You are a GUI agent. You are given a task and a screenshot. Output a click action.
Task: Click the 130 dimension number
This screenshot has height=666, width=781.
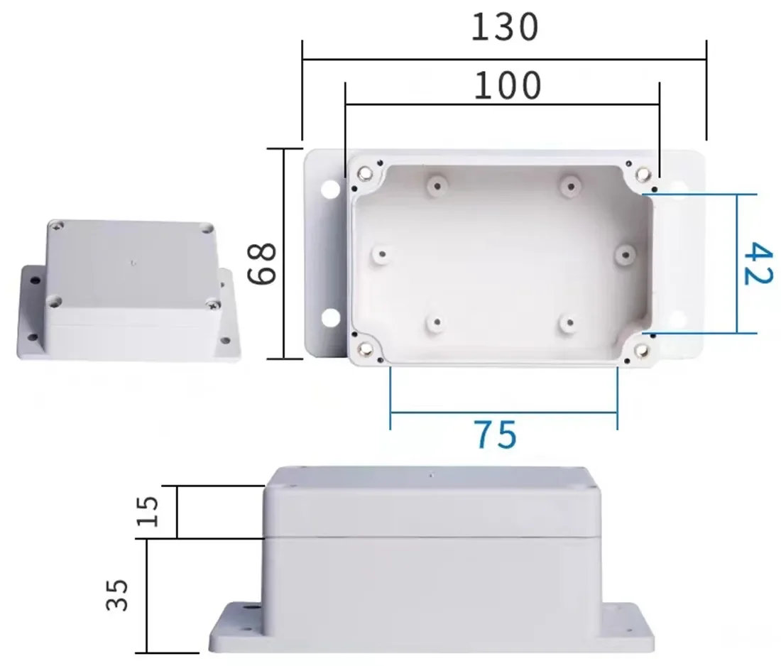click(505, 28)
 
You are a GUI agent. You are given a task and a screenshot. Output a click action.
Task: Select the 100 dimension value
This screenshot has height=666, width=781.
click(507, 87)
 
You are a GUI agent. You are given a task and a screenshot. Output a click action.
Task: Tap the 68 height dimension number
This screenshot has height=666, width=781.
click(262, 263)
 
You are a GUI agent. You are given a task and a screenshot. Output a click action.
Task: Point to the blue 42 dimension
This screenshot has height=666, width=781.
click(758, 263)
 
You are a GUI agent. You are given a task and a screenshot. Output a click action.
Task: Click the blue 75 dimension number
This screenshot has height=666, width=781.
click(496, 435)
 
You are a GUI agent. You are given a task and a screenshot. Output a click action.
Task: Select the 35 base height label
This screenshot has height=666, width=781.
click(118, 594)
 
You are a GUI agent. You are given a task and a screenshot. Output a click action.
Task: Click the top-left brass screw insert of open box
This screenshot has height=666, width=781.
click(366, 173)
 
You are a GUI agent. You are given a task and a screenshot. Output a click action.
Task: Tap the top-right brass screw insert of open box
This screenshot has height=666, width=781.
click(643, 173)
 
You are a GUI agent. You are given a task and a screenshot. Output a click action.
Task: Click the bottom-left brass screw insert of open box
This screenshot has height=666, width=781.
click(366, 348)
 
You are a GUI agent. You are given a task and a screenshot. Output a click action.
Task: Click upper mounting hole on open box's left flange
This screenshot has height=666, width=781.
click(330, 190)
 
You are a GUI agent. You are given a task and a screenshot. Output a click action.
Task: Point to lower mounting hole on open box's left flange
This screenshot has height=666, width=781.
click(330, 318)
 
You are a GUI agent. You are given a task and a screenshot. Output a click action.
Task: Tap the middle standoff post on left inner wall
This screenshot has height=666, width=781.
click(383, 253)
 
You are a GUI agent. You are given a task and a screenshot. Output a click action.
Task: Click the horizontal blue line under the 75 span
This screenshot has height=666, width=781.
click(503, 411)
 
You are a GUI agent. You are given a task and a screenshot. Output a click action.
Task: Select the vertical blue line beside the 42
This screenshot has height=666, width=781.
click(737, 263)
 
